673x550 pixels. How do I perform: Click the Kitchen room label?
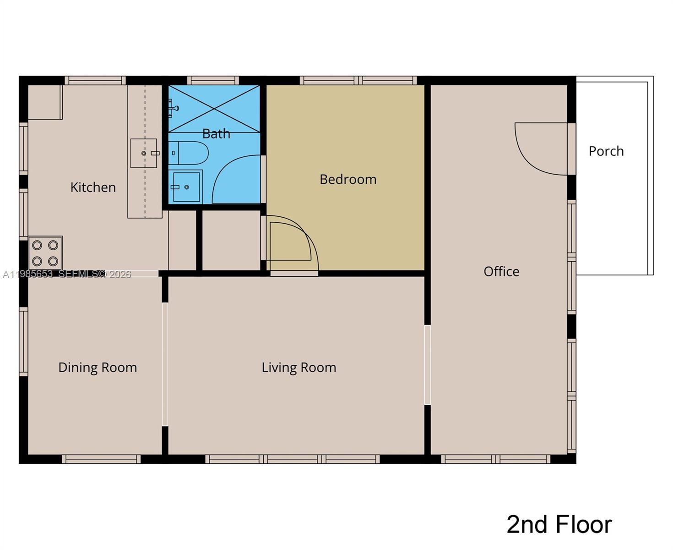tap(93, 187)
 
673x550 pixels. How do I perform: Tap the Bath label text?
tap(216, 134)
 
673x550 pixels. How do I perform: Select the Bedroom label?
tap(348, 179)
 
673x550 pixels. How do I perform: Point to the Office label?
tap(501, 271)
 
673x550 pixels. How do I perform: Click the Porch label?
tap(606, 151)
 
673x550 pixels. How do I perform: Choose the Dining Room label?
tap(98, 368)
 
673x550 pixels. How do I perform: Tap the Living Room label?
tap(299, 368)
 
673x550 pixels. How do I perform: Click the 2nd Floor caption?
tap(559, 524)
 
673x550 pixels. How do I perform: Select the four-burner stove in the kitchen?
tap(45, 253)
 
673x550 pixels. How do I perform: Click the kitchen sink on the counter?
tap(144, 153)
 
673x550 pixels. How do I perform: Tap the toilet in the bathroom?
tap(189, 153)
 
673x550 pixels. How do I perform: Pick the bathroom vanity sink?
tap(185, 187)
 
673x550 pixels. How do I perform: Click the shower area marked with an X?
tap(214, 109)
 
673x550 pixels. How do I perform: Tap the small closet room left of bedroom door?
tap(231, 240)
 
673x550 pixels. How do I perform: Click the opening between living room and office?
tap(427, 365)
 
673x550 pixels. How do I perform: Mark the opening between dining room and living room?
tap(165, 364)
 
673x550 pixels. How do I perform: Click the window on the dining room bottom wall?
tap(101, 459)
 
